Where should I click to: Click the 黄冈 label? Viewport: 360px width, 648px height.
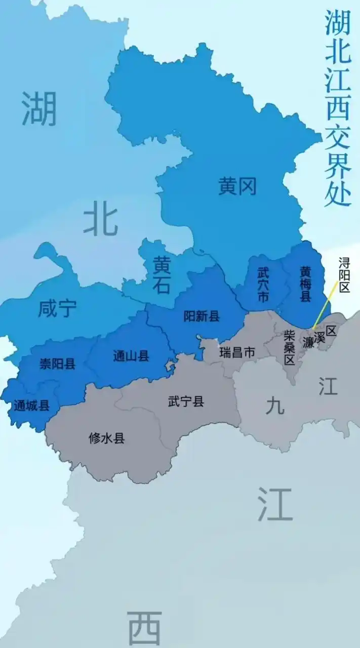pyautogui.click(x=237, y=187)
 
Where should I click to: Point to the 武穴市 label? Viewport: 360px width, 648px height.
pyautogui.click(x=263, y=284)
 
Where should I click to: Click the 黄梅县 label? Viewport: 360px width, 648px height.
pyautogui.click(x=305, y=284)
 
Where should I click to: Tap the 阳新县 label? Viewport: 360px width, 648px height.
pyautogui.click(x=202, y=317)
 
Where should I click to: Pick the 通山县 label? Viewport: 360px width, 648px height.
pyautogui.click(x=131, y=356)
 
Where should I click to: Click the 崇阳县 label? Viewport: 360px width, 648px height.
pyautogui.click(x=58, y=363)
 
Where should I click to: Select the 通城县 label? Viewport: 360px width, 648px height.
pyautogui.click(x=31, y=406)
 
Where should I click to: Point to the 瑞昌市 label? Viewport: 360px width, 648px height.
pyautogui.click(x=237, y=352)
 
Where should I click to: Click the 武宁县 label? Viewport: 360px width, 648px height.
pyautogui.click(x=186, y=402)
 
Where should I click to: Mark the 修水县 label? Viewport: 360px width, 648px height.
pyautogui.click(x=106, y=438)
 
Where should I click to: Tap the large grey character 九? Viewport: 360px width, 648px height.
pyautogui.click(x=275, y=405)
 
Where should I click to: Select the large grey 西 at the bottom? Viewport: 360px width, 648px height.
pyautogui.click(x=144, y=628)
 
